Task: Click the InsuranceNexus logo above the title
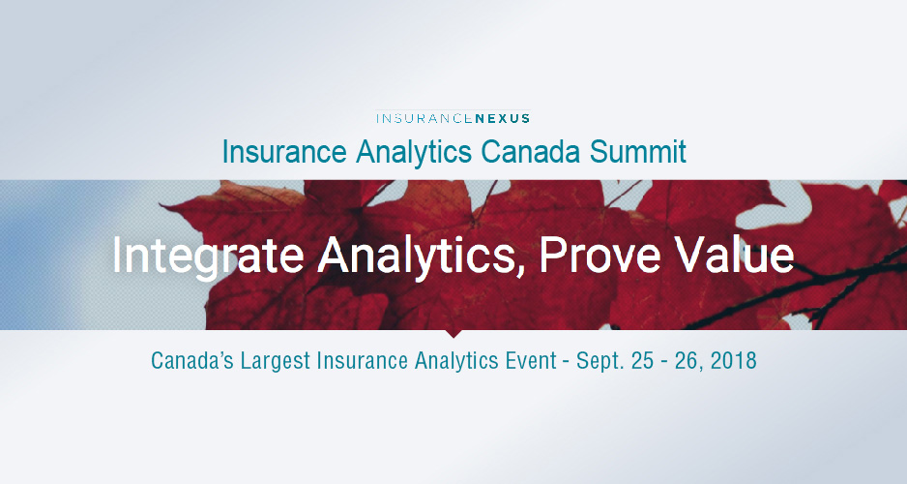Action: [453, 118]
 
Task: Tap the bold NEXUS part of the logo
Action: [502, 118]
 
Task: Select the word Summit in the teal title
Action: [637, 152]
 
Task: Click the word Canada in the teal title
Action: [531, 152]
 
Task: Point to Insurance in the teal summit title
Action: [284, 152]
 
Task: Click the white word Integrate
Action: [208, 255]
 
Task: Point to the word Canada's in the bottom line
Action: [192, 361]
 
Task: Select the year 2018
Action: [733, 361]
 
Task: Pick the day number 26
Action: [686, 361]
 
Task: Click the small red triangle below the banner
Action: [453, 333]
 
